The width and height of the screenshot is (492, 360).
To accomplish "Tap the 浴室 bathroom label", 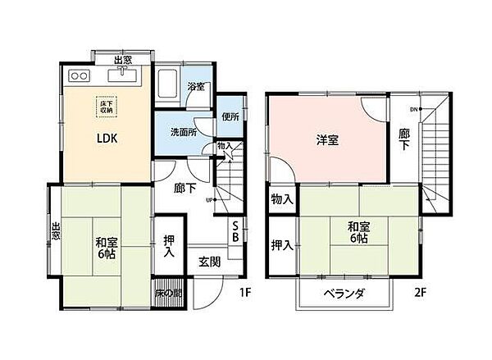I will tap(195, 87).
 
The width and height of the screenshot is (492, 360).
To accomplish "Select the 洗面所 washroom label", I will tap(183, 131).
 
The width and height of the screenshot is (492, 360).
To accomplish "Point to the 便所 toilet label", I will tap(229, 116).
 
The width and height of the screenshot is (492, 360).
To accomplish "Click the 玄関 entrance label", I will tap(209, 262).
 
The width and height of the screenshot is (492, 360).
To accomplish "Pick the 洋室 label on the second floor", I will tap(326, 140).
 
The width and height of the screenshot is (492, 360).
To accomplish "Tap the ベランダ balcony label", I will tap(343, 294).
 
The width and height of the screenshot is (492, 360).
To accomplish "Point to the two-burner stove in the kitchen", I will tap(80, 75).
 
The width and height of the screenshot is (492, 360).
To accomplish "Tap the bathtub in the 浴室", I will tap(169, 85).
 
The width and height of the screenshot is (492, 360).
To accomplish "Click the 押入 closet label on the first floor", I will tap(169, 247).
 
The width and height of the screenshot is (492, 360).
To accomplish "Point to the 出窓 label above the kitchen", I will tap(122, 59).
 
